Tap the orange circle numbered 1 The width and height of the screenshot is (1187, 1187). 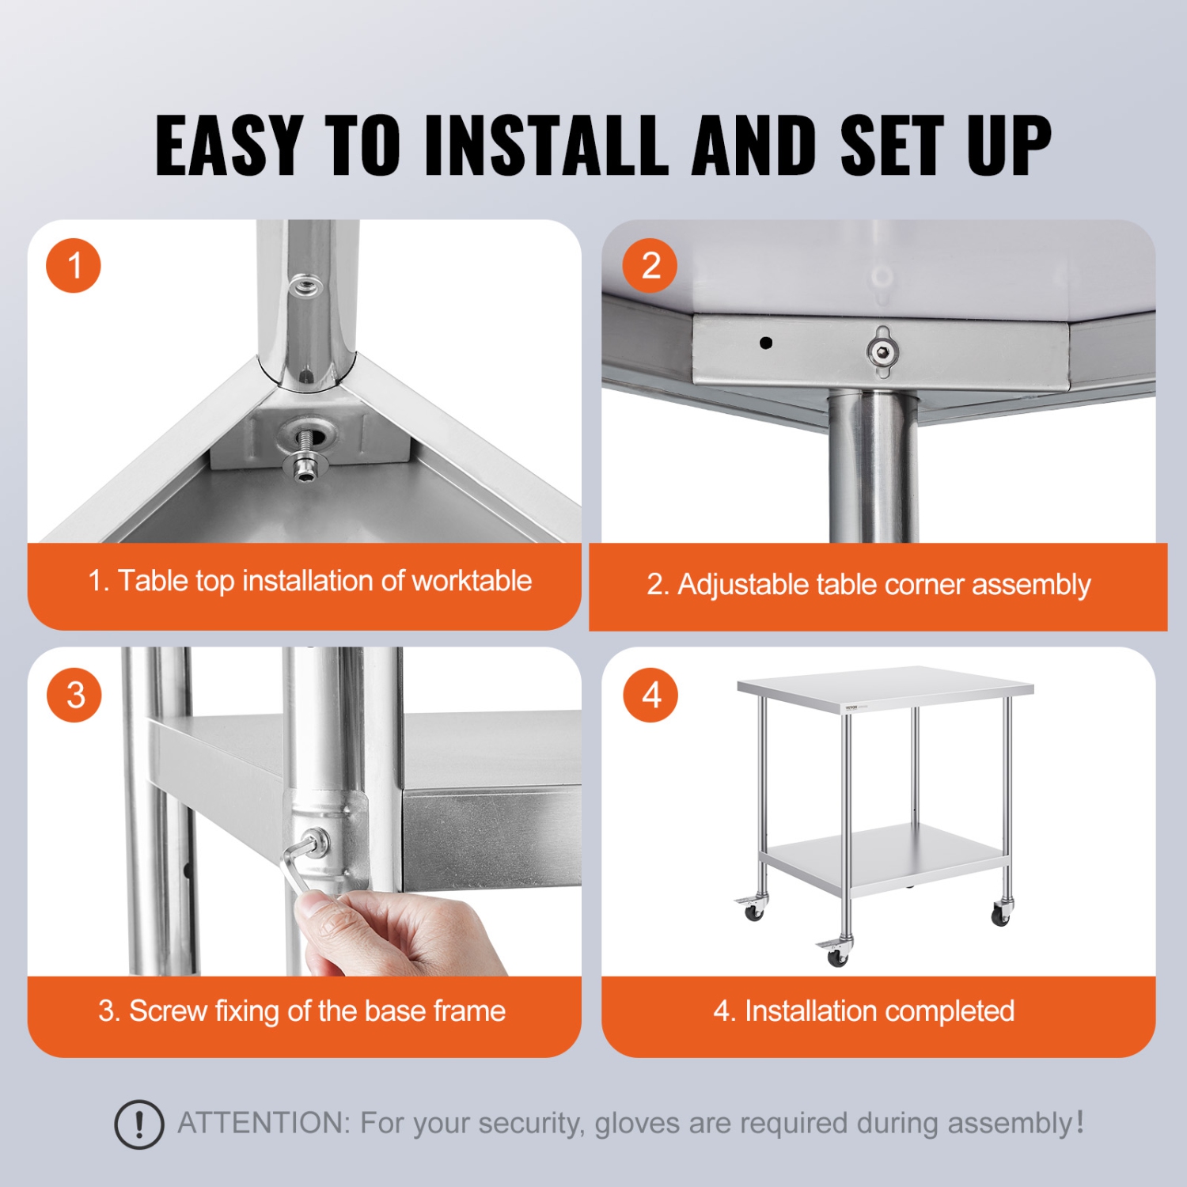point(74,266)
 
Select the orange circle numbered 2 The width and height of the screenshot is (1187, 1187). point(650,266)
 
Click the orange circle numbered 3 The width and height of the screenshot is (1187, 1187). point(74,696)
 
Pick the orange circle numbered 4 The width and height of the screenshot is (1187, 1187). point(650,696)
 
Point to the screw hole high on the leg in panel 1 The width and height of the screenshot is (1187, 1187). point(305,286)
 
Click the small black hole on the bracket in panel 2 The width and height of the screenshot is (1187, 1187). point(765,343)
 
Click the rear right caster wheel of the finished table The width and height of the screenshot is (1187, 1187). point(1001,916)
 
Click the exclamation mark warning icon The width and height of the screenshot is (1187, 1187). point(139,1124)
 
